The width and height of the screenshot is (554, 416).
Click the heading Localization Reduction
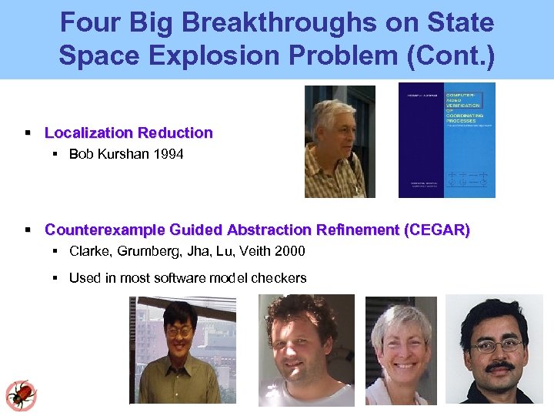[x=128, y=133]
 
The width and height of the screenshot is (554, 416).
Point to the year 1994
[x=168, y=154]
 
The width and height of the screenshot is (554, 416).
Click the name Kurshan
[x=122, y=154]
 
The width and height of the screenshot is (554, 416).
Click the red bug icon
[x=21, y=395]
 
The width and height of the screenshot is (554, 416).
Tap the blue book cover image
[x=446, y=140]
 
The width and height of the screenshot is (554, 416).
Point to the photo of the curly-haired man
[x=306, y=350]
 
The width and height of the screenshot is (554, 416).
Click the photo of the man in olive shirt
[x=182, y=351]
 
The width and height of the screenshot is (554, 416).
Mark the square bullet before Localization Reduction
[x=28, y=133]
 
